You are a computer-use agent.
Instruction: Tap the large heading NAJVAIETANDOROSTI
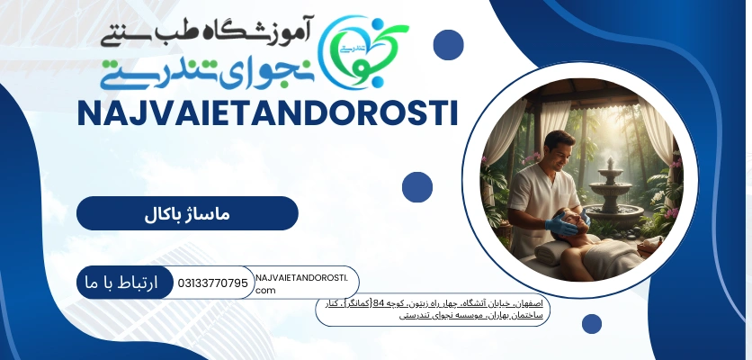[x=267, y=114]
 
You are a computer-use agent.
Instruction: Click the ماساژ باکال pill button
[x=187, y=213]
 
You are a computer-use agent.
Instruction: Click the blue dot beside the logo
[x=448, y=44]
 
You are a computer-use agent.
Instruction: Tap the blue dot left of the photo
[x=417, y=187]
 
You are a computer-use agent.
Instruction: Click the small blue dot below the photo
[x=591, y=324]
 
